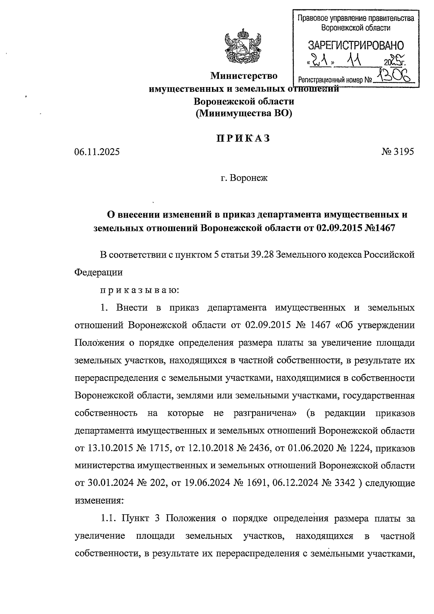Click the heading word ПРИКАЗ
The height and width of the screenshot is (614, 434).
tap(243, 138)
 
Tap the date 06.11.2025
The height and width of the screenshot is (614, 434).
tap(97, 152)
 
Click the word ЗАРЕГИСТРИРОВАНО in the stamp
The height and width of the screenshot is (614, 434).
tap(356, 46)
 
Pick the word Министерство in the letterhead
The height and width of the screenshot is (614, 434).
tap(244, 76)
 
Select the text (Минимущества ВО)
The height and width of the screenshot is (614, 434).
tap(243, 113)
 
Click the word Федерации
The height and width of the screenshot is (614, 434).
tap(98, 272)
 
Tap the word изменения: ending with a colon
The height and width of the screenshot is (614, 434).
tap(99, 501)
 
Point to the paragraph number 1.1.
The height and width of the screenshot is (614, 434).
tap(108, 518)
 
